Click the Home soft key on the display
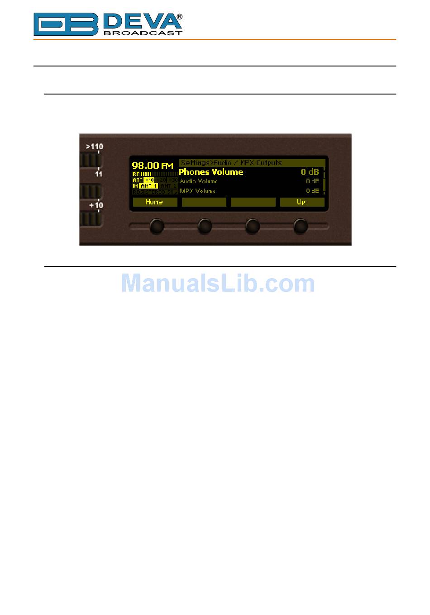point(154,202)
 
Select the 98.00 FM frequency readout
point(153,166)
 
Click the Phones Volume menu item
point(211,172)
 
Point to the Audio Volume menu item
point(199,181)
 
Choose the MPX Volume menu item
point(197,191)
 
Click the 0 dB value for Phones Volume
point(310,172)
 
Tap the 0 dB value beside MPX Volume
point(313,191)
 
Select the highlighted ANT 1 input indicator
point(149,186)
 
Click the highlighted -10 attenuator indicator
point(149,180)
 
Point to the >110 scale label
point(95,147)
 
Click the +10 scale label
point(96,205)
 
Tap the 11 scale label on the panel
point(99,174)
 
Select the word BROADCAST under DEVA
point(143,33)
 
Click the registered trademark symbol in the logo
point(180,17)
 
